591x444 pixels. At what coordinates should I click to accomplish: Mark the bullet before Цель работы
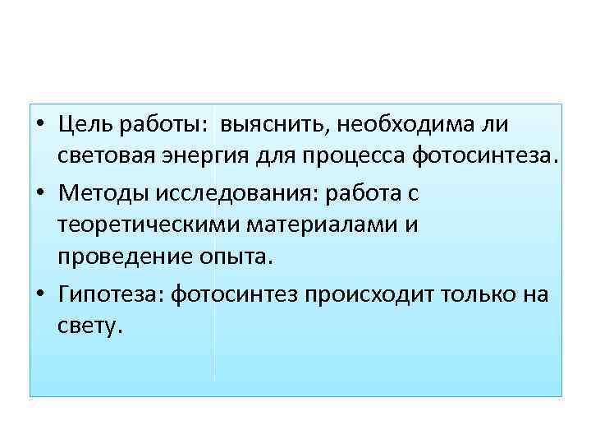pos(42,125)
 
